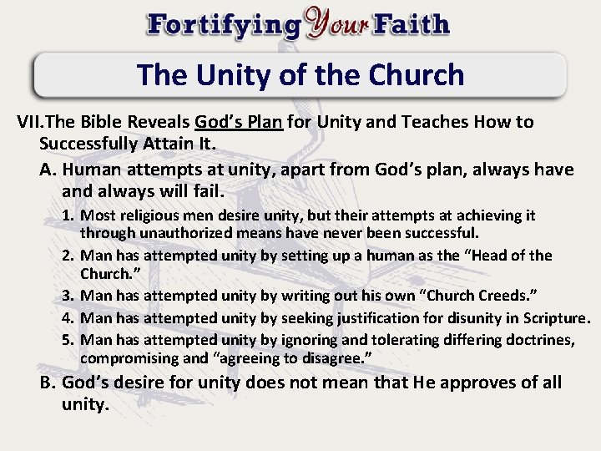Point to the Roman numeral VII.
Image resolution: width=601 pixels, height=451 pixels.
click(33, 122)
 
